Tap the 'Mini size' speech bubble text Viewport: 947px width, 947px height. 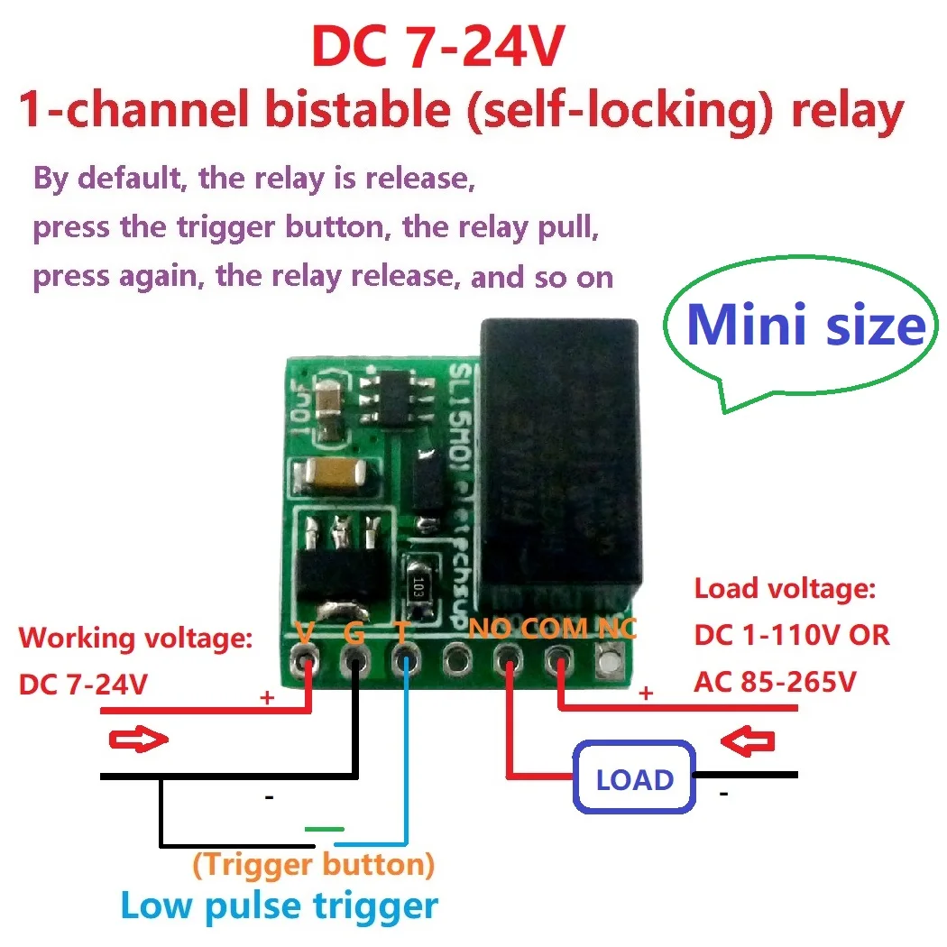tap(805, 326)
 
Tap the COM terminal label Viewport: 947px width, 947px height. tap(554, 628)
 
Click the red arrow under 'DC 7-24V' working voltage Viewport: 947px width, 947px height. tap(138, 740)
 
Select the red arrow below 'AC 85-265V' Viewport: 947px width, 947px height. tap(750, 741)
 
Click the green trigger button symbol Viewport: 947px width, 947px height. tap(324, 828)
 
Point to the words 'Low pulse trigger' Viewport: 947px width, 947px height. tap(279, 905)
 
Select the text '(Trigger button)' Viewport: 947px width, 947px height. tap(313, 865)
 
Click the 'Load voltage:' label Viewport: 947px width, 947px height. tap(785, 589)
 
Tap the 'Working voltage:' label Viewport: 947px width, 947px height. tap(136, 638)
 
